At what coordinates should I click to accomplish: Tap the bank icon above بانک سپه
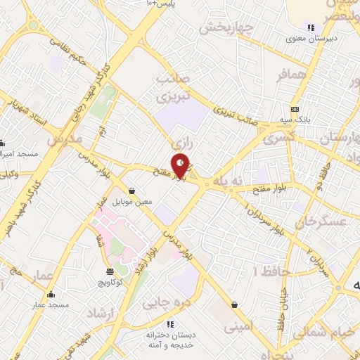295,109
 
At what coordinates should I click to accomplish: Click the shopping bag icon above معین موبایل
132,191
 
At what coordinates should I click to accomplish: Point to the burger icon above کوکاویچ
110,271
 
